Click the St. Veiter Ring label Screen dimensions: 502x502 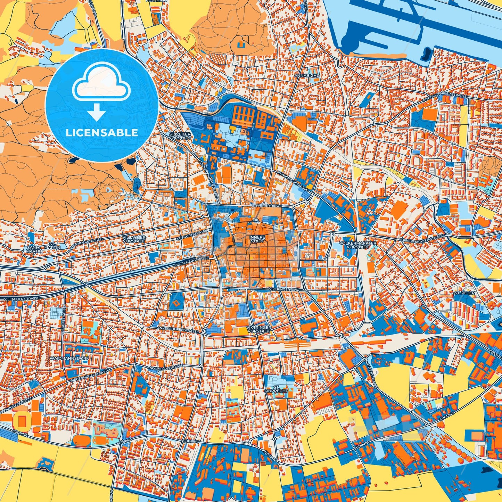(266, 206)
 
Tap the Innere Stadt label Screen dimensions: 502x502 (257, 239)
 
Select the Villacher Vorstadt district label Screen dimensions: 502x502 (134, 239)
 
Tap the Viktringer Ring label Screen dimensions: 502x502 (284, 289)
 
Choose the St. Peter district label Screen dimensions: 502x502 (464, 293)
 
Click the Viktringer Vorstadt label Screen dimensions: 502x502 (258, 329)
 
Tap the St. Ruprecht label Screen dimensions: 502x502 (277, 389)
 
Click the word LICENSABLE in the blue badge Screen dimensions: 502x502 (102, 132)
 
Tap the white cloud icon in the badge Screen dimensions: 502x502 (101, 83)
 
